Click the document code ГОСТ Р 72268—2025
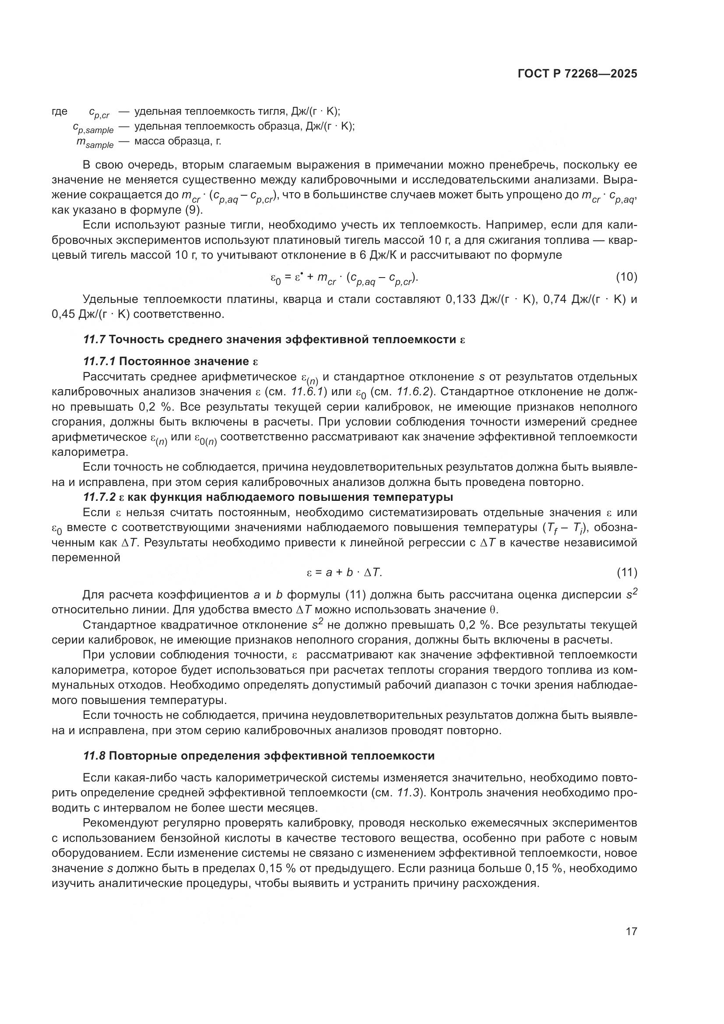577,74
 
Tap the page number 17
631,931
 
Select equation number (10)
626,277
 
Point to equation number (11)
626,572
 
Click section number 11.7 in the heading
94,339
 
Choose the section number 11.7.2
99,497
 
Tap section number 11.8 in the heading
94,756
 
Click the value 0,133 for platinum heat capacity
460,299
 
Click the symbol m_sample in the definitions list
95,143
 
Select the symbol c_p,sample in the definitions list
93,128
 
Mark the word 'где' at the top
60,112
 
